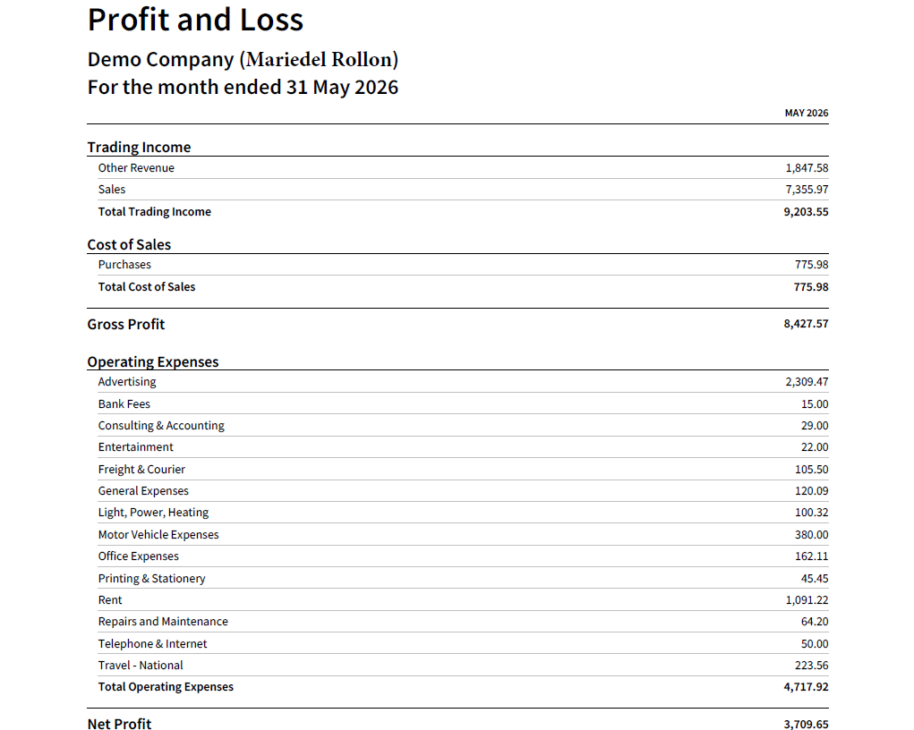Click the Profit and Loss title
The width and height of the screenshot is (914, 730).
195,20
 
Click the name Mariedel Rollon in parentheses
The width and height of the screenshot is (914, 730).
319,59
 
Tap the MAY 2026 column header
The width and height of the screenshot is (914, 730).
807,113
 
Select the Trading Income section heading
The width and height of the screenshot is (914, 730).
139,148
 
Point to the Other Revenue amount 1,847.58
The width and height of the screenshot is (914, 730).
807,168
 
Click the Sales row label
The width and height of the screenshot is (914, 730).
112,190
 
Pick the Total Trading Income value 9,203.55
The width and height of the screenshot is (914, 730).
806,212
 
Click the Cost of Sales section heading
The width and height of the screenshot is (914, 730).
129,245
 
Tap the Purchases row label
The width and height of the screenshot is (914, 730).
124,265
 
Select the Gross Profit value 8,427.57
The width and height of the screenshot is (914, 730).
806,324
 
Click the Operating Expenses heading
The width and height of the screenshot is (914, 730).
153,361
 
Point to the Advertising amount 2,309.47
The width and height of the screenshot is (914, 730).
807,382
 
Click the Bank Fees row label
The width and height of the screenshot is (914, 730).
124,403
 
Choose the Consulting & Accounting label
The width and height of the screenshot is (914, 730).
161,426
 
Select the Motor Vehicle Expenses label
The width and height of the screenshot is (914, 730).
158,535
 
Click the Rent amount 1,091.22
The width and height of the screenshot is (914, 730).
807,600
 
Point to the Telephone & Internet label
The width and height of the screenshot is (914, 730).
153,644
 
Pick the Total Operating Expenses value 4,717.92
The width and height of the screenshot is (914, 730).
806,687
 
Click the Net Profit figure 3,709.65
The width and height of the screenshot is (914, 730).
806,724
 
